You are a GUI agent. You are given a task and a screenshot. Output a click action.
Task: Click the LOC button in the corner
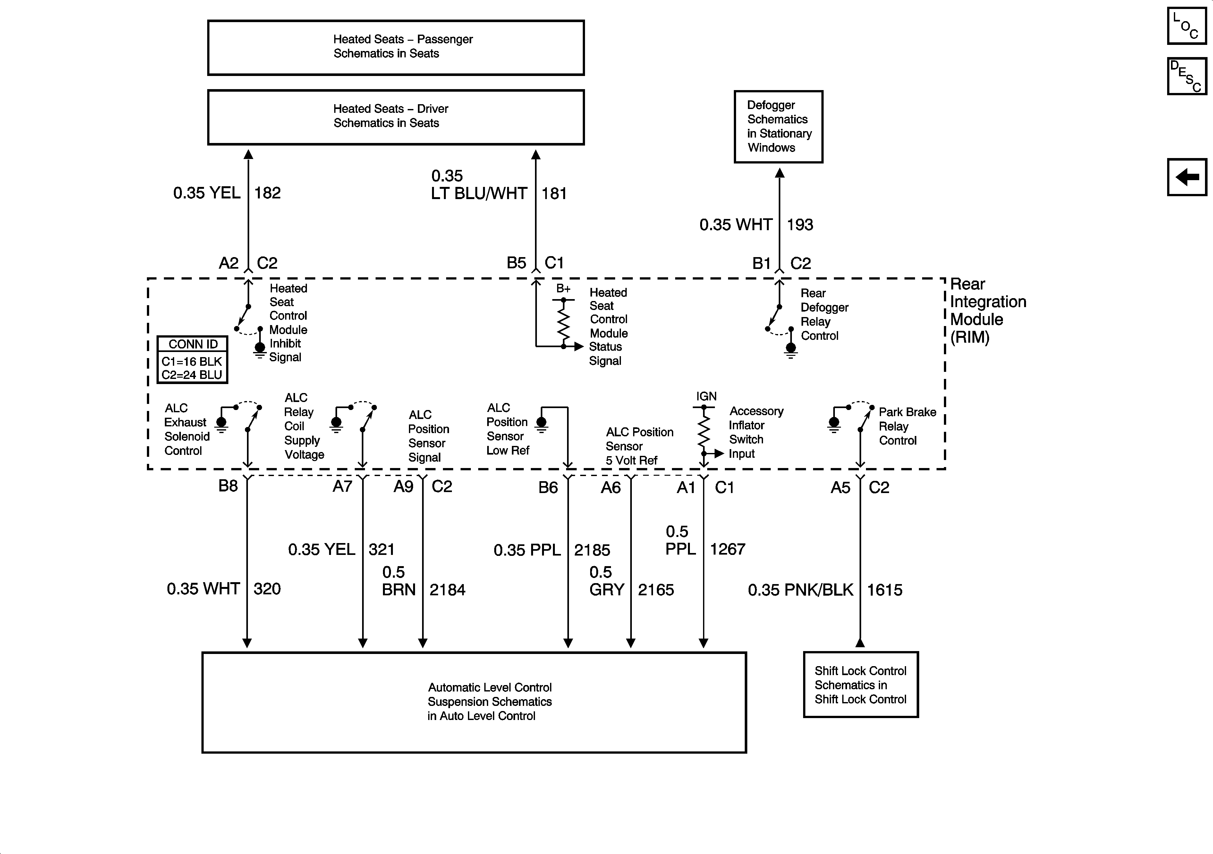click(x=1187, y=26)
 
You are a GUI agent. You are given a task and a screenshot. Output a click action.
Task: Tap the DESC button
click(x=1187, y=77)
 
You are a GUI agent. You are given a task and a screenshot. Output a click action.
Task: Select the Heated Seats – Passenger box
click(x=396, y=47)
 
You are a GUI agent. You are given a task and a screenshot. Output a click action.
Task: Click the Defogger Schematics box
click(x=778, y=127)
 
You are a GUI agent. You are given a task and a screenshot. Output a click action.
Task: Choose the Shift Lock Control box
click(x=861, y=684)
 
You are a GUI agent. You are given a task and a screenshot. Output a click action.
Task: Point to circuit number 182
click(x=267, y=193)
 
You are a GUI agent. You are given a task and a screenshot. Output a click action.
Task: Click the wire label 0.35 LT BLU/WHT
click(x=479, y=185)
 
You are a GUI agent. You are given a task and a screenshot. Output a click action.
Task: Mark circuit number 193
click(x=800, y=225)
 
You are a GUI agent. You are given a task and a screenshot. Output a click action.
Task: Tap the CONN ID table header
click(x=193, y=344)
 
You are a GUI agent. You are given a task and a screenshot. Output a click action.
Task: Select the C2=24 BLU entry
click(x=192, y=375)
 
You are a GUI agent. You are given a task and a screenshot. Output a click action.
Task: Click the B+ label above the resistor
click(x=563, y=289)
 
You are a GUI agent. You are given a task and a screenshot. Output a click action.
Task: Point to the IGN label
click(x=706, y=396)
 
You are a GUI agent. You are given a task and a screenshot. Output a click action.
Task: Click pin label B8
click(x=228, y=486)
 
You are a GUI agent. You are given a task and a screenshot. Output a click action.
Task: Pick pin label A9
click(x=403, y=486)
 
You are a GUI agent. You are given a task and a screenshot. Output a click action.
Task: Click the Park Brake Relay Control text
click(x=907, y=426)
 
